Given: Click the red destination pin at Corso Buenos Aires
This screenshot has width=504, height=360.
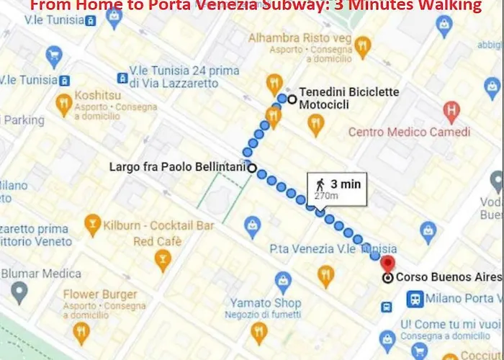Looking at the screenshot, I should point(388,264).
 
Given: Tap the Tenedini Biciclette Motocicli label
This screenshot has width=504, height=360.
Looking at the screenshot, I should point(348,99).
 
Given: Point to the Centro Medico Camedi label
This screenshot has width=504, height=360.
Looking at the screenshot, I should point(409,132).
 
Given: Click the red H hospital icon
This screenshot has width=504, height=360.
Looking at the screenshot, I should point(451,112).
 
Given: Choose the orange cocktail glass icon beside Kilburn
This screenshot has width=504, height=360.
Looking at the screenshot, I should point(92,225).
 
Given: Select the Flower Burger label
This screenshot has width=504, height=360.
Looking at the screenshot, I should point(99,294).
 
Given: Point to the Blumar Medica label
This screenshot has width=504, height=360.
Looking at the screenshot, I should point(41,274).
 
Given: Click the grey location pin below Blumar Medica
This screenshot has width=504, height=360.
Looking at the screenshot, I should point(19,292).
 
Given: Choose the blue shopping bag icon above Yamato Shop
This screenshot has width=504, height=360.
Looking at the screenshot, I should point(283,279).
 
